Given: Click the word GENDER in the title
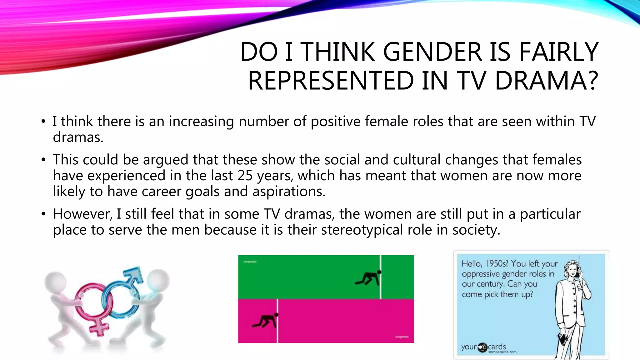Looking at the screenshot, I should pos(432,52).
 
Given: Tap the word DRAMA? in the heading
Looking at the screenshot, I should pos(547,81).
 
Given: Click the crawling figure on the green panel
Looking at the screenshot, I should pos(368,278).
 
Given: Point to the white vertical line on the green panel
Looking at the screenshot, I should pos(381,277).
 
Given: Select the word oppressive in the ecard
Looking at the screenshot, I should pos(481,274).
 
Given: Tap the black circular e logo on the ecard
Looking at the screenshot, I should pos(482,347).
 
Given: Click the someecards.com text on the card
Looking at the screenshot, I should pos(502,352).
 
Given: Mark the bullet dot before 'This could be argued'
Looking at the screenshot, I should pos(43,160).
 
